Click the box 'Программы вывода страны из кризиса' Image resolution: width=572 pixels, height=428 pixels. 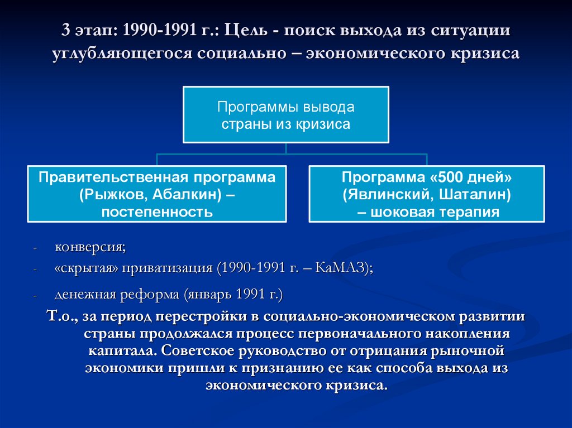285,114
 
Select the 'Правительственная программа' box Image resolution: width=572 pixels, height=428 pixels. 157,194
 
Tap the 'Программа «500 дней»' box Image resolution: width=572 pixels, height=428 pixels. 427,194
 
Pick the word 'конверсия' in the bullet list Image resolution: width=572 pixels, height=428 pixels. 89,247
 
